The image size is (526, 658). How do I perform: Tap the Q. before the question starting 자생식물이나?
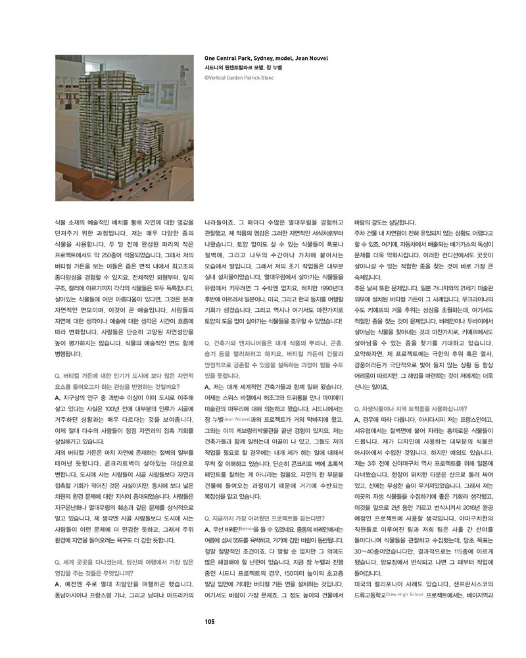358,408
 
